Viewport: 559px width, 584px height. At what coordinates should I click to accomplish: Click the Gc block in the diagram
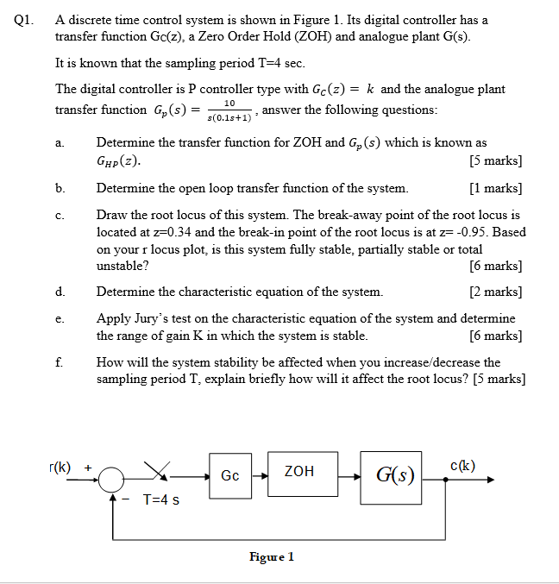tap(230, 475)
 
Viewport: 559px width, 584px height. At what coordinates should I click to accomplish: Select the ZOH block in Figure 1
tap(299, 472)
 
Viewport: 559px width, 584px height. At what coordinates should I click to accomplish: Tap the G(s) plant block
tap(393, 476)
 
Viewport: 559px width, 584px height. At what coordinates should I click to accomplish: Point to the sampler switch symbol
tap(157, 471)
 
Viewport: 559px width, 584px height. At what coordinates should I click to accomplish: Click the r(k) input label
tap(60, 467)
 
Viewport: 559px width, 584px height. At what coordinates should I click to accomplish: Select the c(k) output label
tap(463, 467)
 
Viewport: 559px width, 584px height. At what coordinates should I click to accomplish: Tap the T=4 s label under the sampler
tap(160, 499)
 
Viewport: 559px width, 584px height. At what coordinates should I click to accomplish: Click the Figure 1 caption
tap(272, 556)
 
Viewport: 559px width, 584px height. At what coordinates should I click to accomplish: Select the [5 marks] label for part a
tap(495, 160)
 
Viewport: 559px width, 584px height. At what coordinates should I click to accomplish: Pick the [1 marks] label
tap(495, 187)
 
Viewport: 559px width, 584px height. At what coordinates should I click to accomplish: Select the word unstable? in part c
tap(121, 266)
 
